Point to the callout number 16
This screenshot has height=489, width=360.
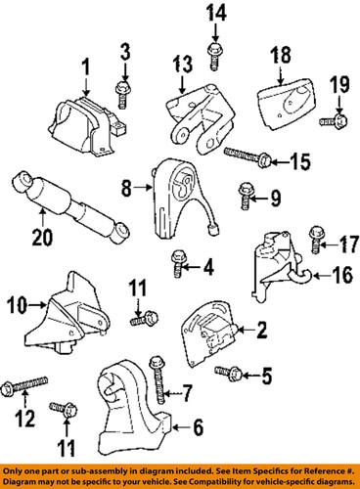[337, 277]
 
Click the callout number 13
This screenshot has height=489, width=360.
[182, 65]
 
